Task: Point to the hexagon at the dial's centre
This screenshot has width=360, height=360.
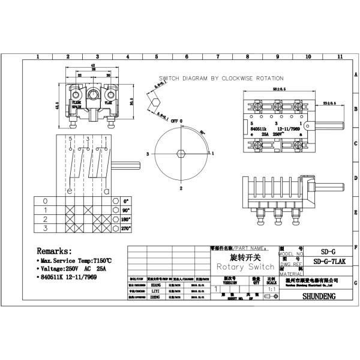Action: (x=181, y=154)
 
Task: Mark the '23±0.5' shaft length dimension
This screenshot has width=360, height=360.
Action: (x=329, y=103)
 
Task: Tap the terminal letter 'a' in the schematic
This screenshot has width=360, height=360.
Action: (x=107, y=191)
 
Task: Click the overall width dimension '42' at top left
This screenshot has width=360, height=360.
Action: (x=93, y=64)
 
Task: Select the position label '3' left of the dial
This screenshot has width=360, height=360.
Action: (x=146, y=154)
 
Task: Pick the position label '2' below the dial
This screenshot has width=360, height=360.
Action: (x=181, y=188)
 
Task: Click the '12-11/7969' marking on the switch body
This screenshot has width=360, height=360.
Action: (x=281, y=128)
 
